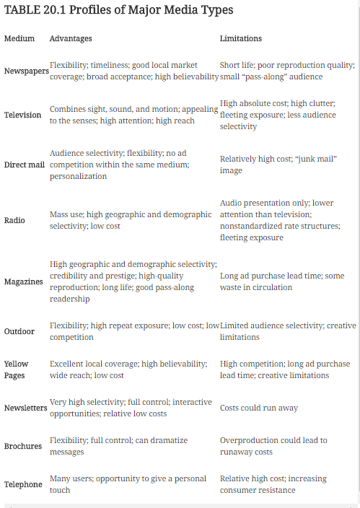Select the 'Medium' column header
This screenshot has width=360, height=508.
click(x=19, y=38)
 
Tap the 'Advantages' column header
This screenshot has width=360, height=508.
click(x=71, y=38)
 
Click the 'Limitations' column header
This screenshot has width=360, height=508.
click(x=241, y=38)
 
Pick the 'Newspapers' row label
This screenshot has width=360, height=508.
click(x=26, y=71)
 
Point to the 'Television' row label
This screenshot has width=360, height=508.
click(x=23, y=115)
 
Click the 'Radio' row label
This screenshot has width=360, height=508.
click(x=14, y=220)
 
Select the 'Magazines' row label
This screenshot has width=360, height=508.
click(x=23, y=281)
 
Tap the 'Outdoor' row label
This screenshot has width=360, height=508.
click(x=19, y=331)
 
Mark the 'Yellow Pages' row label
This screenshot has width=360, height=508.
click(x=17, y=369)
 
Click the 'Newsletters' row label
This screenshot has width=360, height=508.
click(x=26, y=408)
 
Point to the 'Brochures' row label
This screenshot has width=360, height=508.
click(x=23, y=446)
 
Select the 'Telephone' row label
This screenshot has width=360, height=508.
click(x=23, y=484)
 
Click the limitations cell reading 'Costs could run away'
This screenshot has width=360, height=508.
click(x=258, y=408)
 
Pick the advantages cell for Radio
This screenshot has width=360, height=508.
click(x=131, y=220)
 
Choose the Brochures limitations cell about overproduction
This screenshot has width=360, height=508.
click(x=273, y=446)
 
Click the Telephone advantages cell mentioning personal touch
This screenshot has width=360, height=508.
click(x=128, y=484)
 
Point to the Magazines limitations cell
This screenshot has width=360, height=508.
click(x=282, y=281)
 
